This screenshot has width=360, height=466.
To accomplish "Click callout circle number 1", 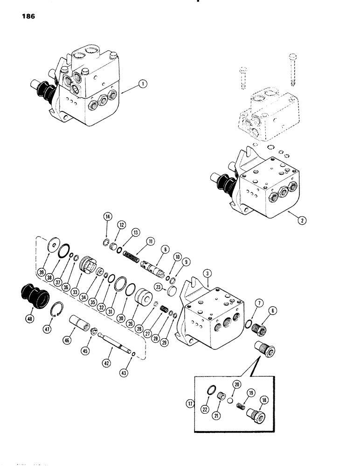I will [143, 84].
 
